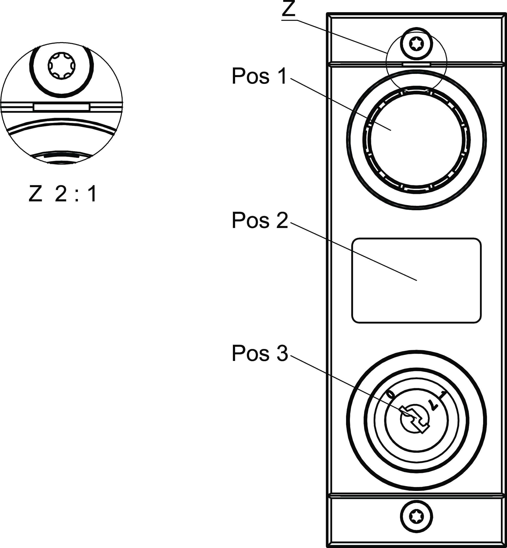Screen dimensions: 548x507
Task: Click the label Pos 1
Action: (259, 76)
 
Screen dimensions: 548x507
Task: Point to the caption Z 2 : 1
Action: (62, 194)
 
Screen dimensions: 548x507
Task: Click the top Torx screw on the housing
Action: (417, 44)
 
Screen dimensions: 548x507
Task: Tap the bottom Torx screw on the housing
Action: (417, 516)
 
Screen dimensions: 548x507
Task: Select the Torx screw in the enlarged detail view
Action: (61, 66)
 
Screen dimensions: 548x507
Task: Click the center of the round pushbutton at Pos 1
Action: (417, 139)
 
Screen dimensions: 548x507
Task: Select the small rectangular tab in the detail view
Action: (61, 107)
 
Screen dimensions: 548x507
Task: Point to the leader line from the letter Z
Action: (340, 36)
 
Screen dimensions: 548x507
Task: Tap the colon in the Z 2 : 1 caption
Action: (76, 194)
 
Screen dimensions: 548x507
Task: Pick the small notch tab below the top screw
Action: (417, 64)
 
